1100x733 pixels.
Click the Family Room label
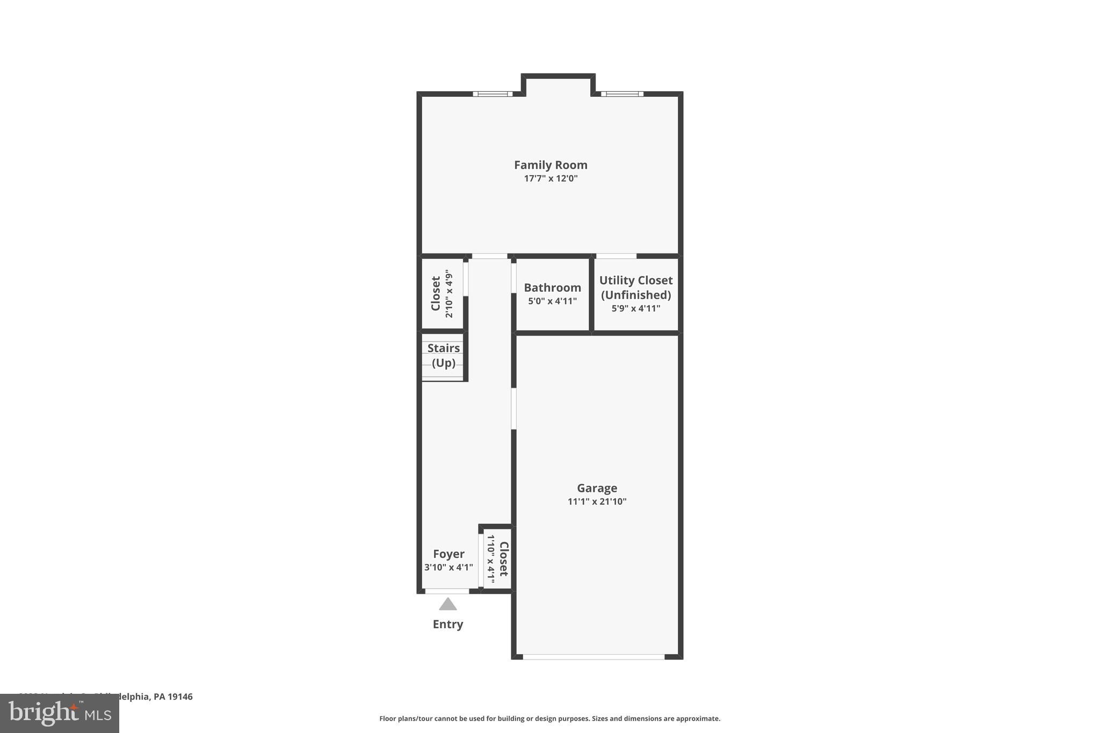tap(550, 165)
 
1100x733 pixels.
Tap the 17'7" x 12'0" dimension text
tap(551, 179)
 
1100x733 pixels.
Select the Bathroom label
tap(552, 288)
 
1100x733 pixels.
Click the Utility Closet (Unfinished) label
tap(635, 287)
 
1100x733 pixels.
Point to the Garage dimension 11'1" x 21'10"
tap(597, 502)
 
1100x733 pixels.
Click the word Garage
tap(597, 488)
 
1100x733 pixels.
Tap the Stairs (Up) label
tap(443, 355)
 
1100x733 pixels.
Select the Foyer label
tap(448, 554)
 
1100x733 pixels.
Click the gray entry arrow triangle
tap(447, 605)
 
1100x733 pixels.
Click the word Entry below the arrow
tap(447, 624)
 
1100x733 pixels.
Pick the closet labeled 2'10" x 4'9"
tap(442, 293)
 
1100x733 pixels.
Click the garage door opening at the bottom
tap(594, 657)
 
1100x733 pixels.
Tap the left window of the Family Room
tap(493, 94)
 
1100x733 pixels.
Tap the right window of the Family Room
tap(622, 94)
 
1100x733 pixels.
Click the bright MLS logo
tap(60, 713)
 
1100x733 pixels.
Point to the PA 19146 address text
tap(172, 696)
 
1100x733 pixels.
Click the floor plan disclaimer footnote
tap(549, 719)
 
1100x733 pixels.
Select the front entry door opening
tap(447, 591)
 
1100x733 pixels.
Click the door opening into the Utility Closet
tap(616, 256)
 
